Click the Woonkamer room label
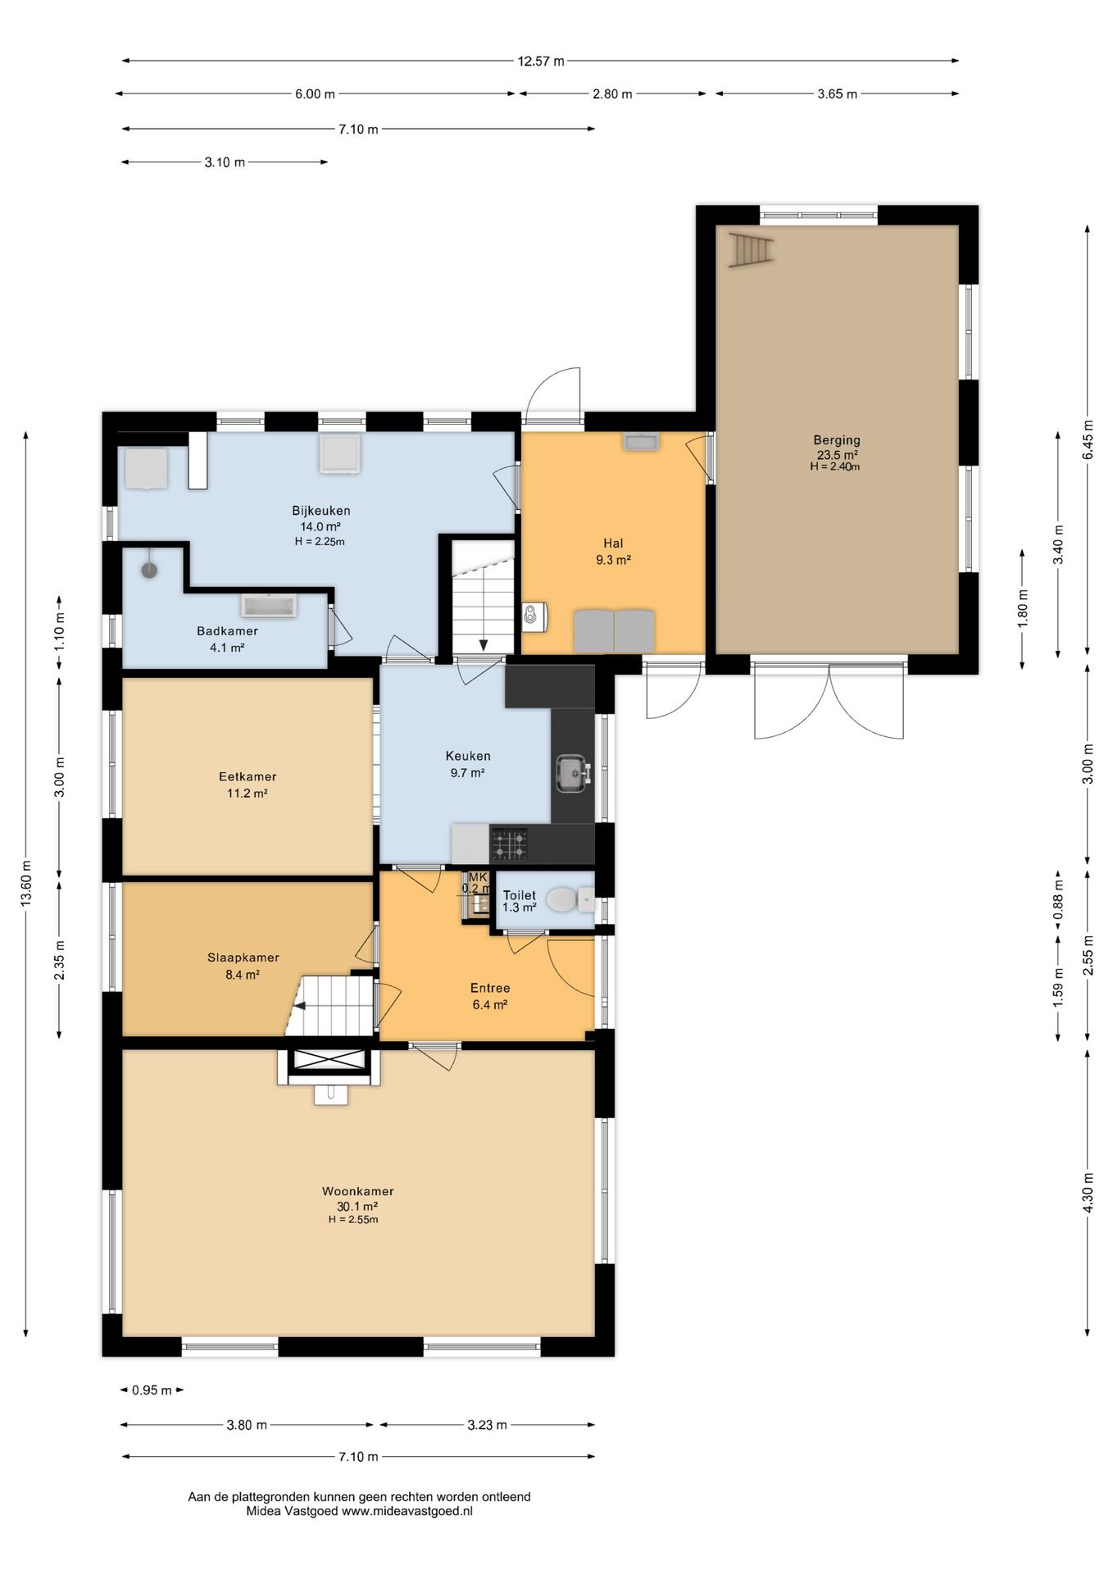click(357, 1191)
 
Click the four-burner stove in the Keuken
click(508, 844)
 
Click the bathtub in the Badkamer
click(269, 606)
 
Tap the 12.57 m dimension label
click(541, 61)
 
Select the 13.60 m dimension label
click(26, 883)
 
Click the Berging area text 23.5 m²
click(837, 455)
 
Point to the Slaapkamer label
click(243, 958)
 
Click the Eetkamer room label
click(248, 776)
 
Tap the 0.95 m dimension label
click(152, 1390)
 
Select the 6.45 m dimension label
click(1088, 440)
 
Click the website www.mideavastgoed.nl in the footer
click(407, 1511)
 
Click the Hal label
click(613, 543)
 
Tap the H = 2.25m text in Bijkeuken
click(320, 541)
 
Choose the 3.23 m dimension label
click(488, 1425)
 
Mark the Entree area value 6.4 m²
click(490, 1004)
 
